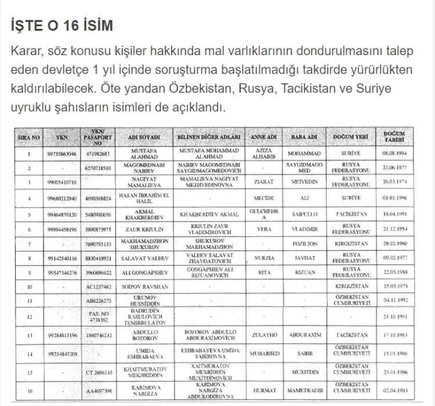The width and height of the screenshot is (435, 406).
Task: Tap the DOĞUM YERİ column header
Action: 350,138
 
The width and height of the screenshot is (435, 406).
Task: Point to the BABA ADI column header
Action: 303,138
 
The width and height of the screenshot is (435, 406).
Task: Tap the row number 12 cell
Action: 28,317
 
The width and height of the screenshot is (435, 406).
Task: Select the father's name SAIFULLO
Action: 303,214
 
